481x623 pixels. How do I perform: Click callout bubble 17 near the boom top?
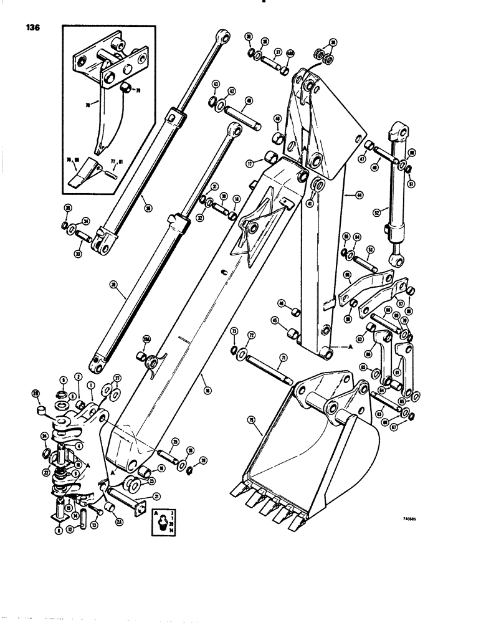coord(249,164)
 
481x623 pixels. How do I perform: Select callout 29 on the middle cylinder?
coord(113,285)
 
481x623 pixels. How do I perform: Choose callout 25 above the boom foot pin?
coord(175,442)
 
